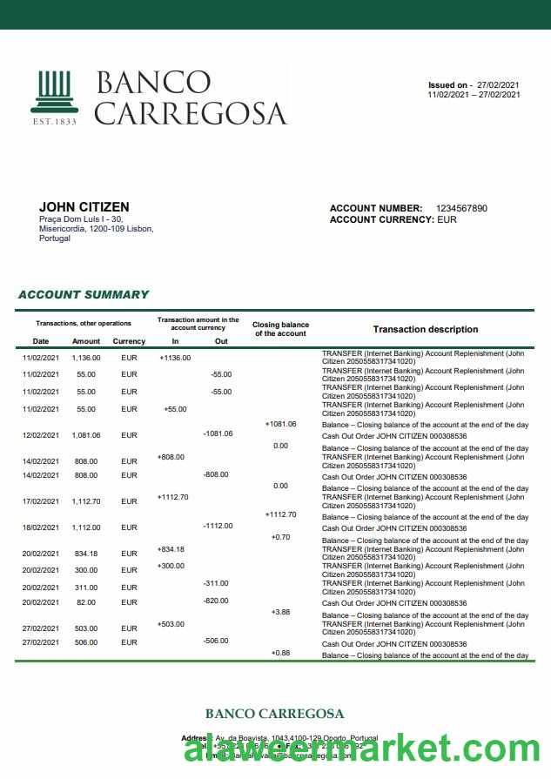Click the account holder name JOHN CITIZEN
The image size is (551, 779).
84,207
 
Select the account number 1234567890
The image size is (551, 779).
461,209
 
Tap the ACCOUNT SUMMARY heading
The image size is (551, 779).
84,295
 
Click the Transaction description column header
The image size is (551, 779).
425,330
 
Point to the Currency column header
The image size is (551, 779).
129,341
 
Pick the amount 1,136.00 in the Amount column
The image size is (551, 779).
86,358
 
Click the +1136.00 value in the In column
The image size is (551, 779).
175,358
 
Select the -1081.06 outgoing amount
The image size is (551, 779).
218,433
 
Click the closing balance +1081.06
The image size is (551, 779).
280,424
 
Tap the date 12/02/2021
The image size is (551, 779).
40,435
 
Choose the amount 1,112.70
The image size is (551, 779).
86,501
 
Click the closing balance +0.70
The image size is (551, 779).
280,537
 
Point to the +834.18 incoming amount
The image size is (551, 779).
171,549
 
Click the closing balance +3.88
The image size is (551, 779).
280,613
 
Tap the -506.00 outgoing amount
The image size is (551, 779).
215,641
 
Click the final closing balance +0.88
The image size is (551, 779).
280,653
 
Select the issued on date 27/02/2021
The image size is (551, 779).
499,85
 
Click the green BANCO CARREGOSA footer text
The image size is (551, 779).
274,714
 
